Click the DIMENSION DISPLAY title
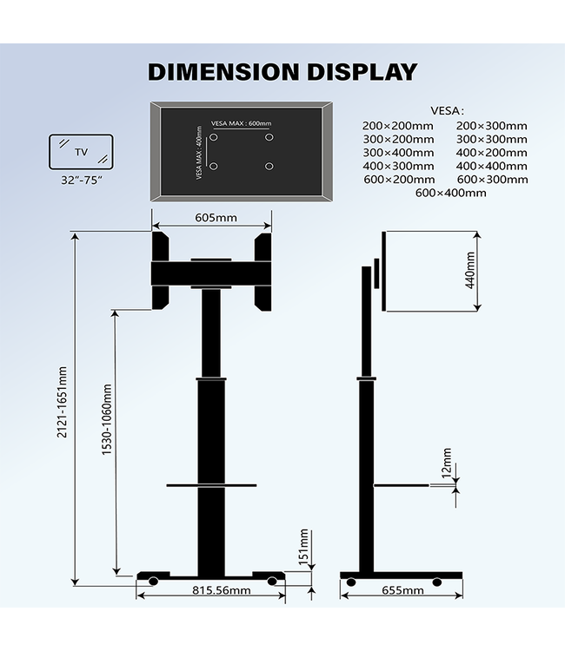click(282, 71)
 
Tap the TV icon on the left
click(81, 152)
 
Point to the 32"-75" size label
click(81, 181)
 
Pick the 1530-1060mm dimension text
click(107, 420)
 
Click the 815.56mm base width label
click(209, 591)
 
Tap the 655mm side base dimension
click(402, 591)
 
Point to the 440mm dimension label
click(470, 270)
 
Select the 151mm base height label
click(304, 546)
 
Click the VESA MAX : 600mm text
click(241, 123)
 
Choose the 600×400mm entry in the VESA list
click(450, 193)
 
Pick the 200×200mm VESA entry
click(397, 126)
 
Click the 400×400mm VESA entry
click(491, 166)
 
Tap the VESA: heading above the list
click(447, 110)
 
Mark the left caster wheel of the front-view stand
click(150, 581)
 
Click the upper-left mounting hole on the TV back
click(213, 137)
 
